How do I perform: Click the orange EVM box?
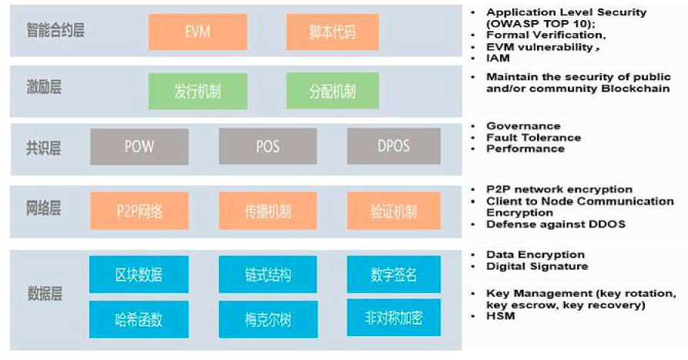(x=197, y=32)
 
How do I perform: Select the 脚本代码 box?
(x=332, y=32)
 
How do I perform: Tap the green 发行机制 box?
(x=197, y=91)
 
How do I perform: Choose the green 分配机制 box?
(x=332, y=91)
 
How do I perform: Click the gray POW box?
(x=139, y=146)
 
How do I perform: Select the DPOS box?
(x=394, y=146)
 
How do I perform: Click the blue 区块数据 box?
(x=139, y=274)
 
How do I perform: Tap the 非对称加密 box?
(x=394, y=318)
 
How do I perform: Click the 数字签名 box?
(x=394, y=274)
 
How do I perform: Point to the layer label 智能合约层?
(x=55, y=32)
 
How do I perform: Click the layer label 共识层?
(x=43, y=146)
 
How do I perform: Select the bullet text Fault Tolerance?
(x=533, y=137)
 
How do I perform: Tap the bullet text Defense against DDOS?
(x=555, y=224)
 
